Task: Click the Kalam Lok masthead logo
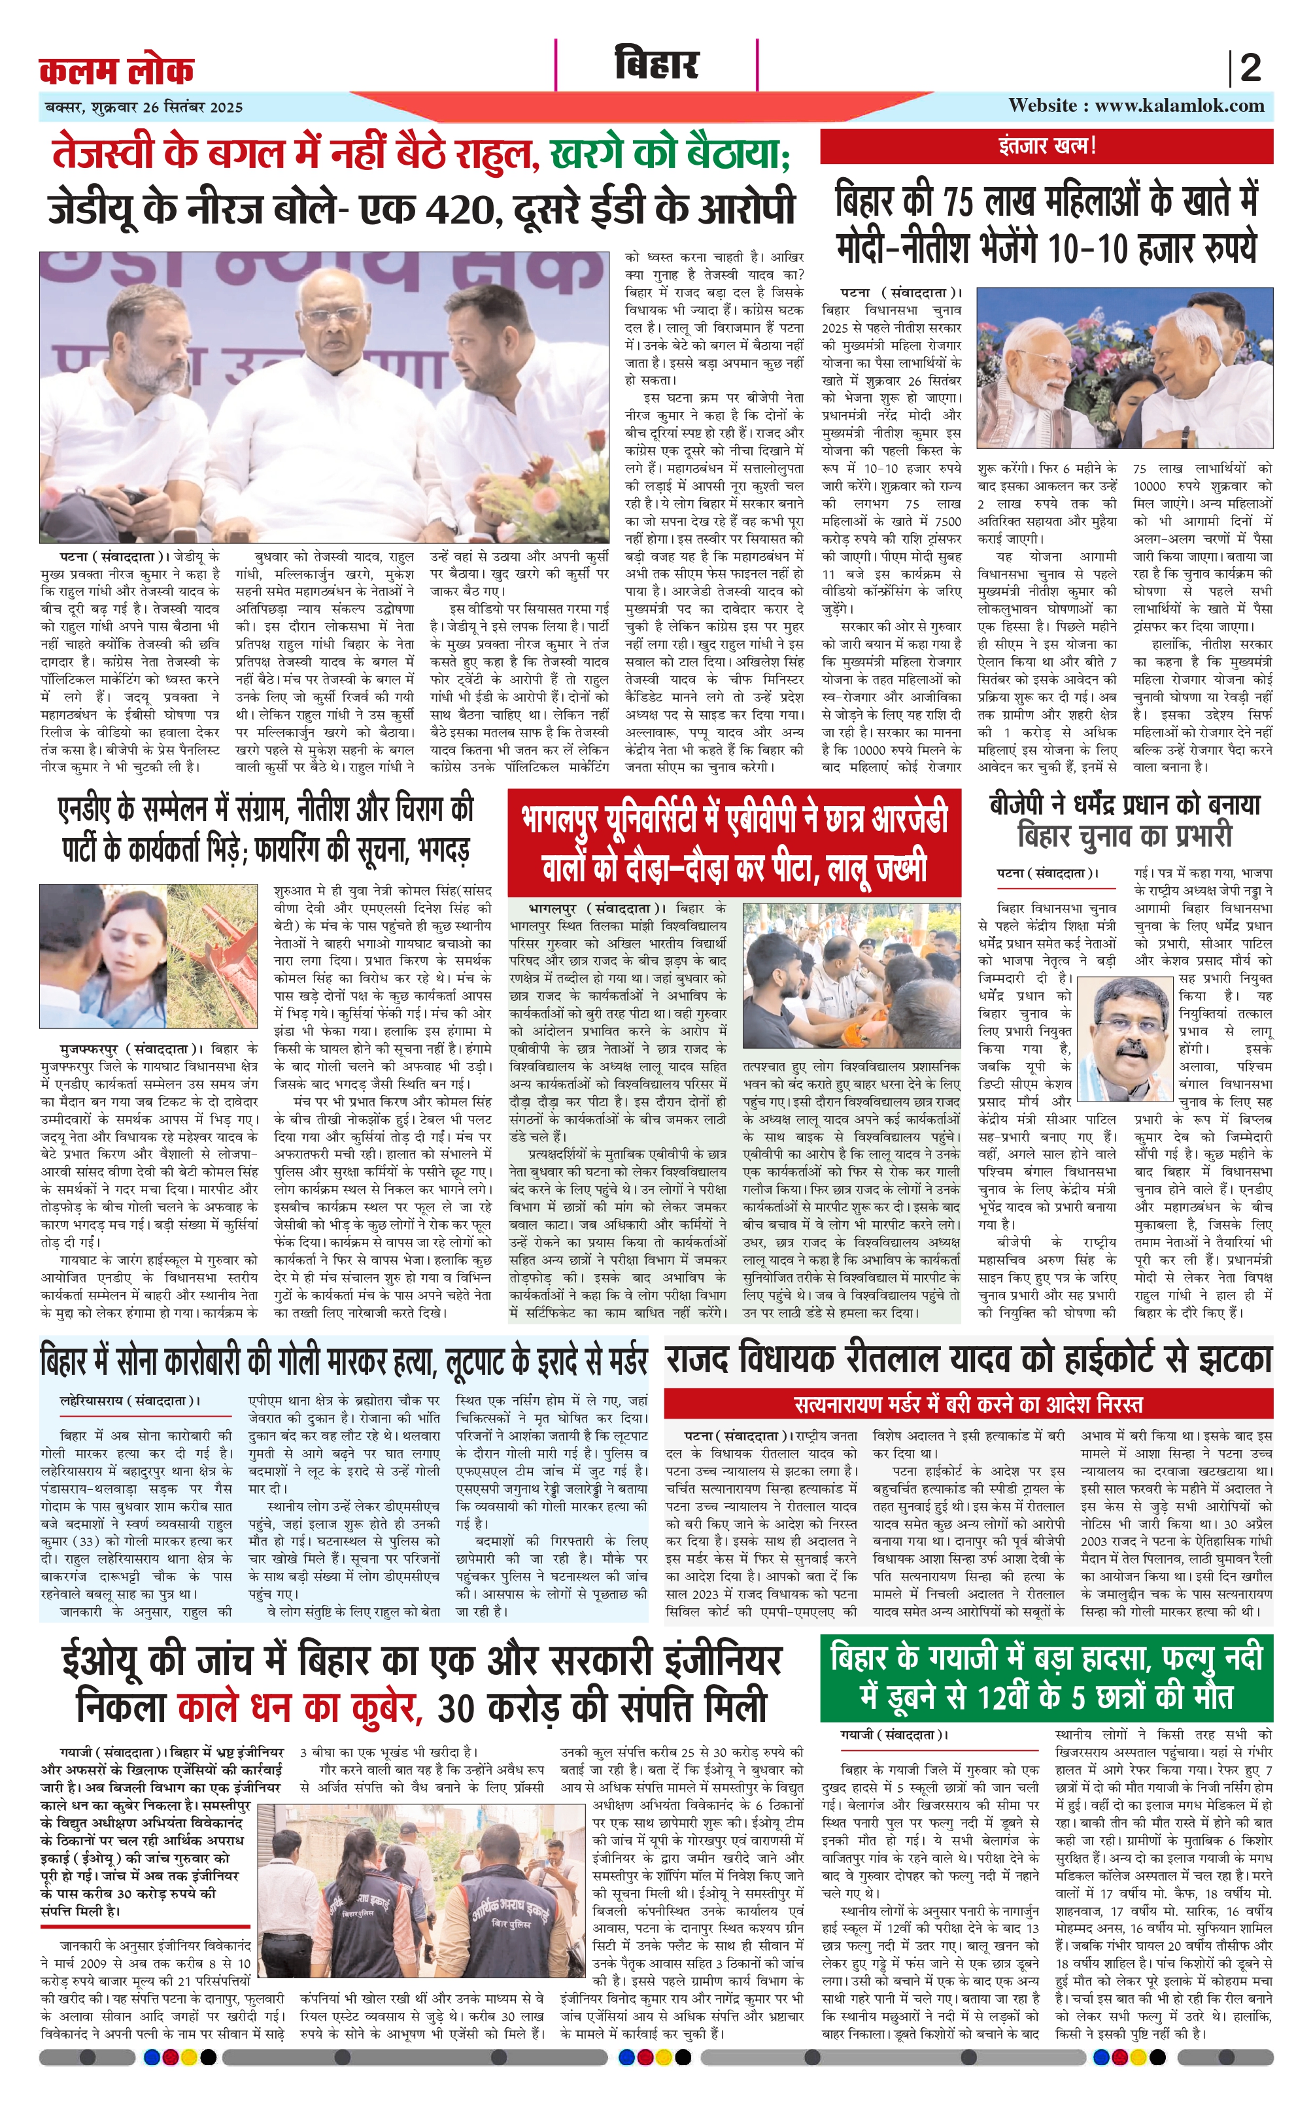pyautogui.click(x=116, y=69)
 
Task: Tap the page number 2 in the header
pyautogui.click(x=1250, y=68)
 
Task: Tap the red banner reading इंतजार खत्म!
pyautogui.click(x=1046, y=146)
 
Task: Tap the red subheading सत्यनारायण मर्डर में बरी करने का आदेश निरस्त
pyautogui.click(x=968, y=1404)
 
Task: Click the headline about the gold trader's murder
pyautogui.click(x=344, y=1361)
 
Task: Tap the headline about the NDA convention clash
pyautogui.click(x=265, y=829)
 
